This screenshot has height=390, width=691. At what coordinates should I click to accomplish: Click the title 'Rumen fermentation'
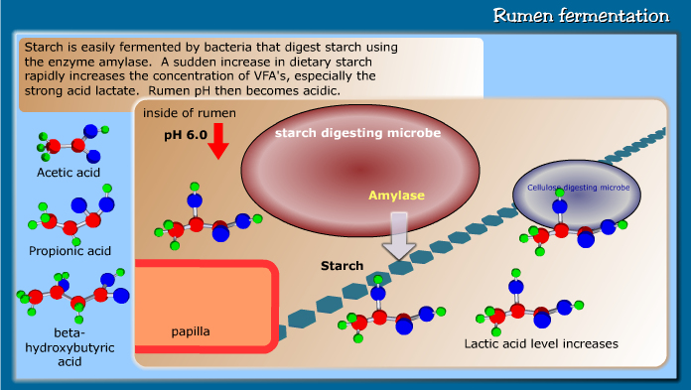click(581, 16)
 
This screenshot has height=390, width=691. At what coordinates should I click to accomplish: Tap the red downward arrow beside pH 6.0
click(218, 144)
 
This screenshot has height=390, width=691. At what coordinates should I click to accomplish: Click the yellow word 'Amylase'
click(396, 195)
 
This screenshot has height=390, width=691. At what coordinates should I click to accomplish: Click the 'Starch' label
click(342, 266)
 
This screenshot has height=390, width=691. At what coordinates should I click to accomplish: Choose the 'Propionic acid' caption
click(69, 250)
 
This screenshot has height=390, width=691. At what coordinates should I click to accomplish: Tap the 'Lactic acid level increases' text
click(541, 343)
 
